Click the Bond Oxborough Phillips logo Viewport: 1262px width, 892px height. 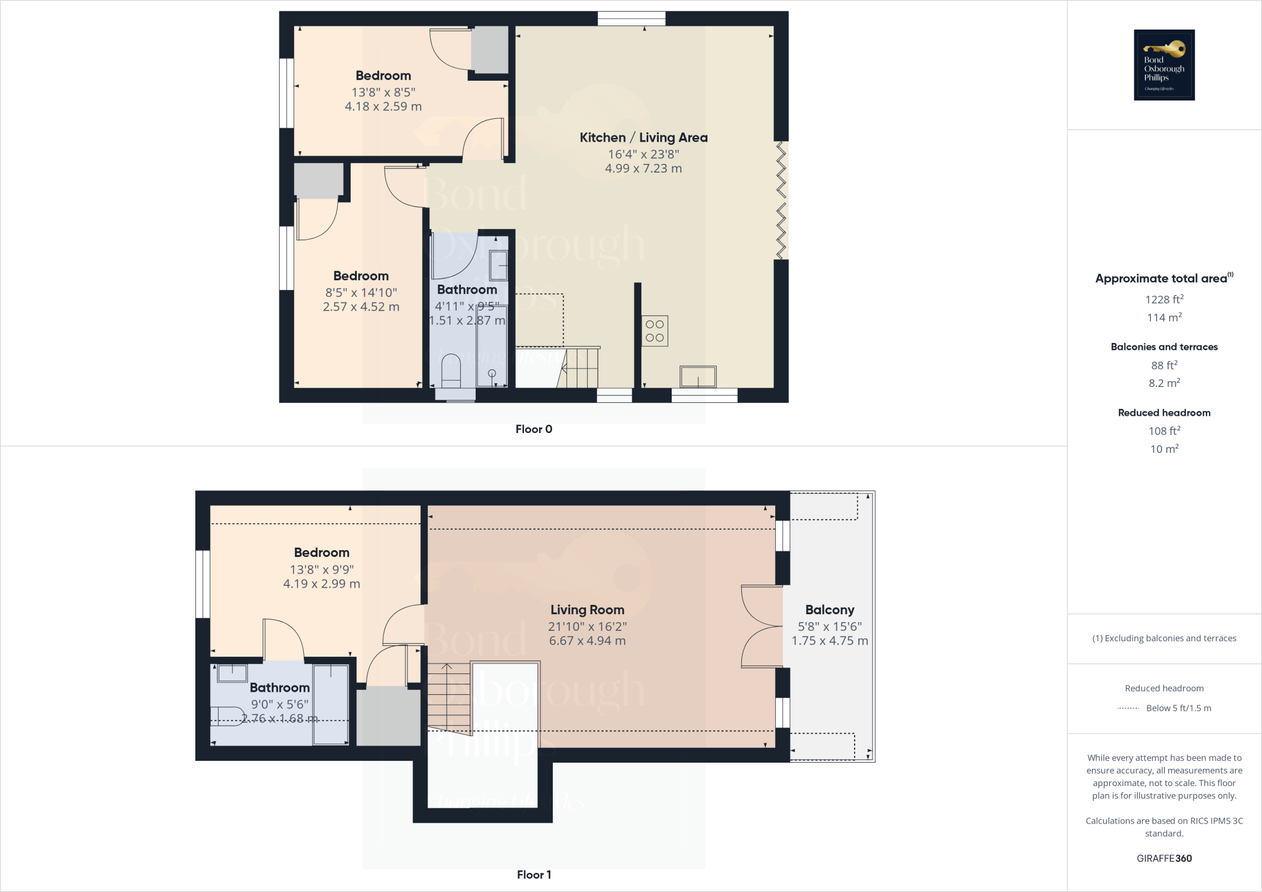point(1164,65)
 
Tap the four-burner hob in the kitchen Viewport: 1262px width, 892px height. point(654,331)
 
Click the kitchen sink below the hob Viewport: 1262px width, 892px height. point(698,376)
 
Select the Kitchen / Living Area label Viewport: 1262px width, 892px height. point(643,137)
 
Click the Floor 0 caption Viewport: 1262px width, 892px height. point(534,429)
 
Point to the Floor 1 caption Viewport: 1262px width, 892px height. point(534,875)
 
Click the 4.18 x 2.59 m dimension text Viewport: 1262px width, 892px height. point(383,107)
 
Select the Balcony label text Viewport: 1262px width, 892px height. point(829,610)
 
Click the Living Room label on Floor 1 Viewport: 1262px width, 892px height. point(587,610)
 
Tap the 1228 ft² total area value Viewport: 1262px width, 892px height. point(1164,299)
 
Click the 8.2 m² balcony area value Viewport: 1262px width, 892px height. point(1164,383)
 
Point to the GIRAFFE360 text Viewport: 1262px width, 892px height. point(1164,858)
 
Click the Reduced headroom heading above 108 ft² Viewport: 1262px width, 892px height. point(1164,413)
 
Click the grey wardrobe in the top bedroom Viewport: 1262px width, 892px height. point(490,49)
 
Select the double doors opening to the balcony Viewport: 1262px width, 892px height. point(762,626)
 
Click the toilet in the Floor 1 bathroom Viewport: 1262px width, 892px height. point(228,716)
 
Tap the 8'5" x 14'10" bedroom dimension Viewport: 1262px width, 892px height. point(361,293)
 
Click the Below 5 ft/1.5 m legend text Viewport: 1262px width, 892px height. point(1178,708)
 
